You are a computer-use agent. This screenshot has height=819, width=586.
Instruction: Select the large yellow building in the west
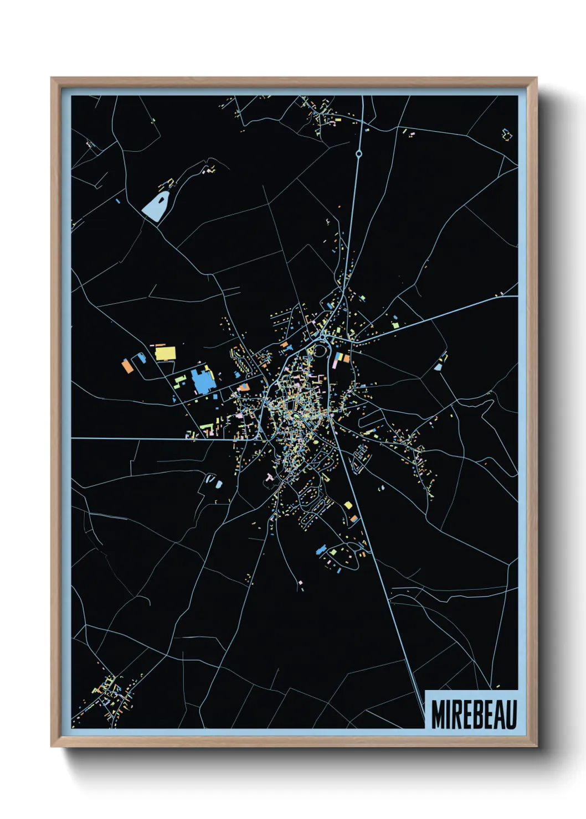[x=165, y=353]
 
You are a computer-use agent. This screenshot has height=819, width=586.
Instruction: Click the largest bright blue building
[x=202, y=382]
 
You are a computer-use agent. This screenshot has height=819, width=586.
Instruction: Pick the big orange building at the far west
[x=127, y=365]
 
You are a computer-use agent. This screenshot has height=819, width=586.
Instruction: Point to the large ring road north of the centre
[x=320, y=350]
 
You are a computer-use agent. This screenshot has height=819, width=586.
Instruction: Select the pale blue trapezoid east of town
[x=438, y=366]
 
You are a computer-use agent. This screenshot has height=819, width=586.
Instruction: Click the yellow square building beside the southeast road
[x=348, y=505]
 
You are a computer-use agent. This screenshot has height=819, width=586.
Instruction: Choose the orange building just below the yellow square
[x=353, y=519]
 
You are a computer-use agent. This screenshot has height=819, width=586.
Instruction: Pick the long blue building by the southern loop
[x=320, y=550]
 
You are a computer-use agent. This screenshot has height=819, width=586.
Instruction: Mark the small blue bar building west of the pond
[x=118, y=200]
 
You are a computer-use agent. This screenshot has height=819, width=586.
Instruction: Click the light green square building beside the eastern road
[x=395, y=325]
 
